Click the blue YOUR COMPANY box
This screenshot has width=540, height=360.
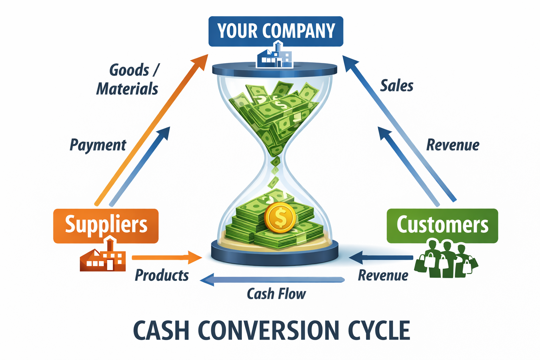(x=276, y=31)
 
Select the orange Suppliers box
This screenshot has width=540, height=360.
(x=106, y=225)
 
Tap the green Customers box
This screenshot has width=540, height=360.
(x=442, y=225)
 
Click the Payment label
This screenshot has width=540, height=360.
(x=98, y=145)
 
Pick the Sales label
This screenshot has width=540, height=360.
(x=397, y=86)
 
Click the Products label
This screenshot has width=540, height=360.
(x=162, y=275)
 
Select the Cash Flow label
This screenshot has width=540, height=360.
(x=276, y=294)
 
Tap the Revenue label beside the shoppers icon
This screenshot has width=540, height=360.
(x=383, y=275)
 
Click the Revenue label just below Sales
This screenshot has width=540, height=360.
(x=452, y=145)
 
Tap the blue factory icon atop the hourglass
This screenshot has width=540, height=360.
(x=275, y=56)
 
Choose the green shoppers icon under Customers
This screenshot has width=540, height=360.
(x=446, y=259)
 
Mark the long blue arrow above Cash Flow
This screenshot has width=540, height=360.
(x=272, y=280)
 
